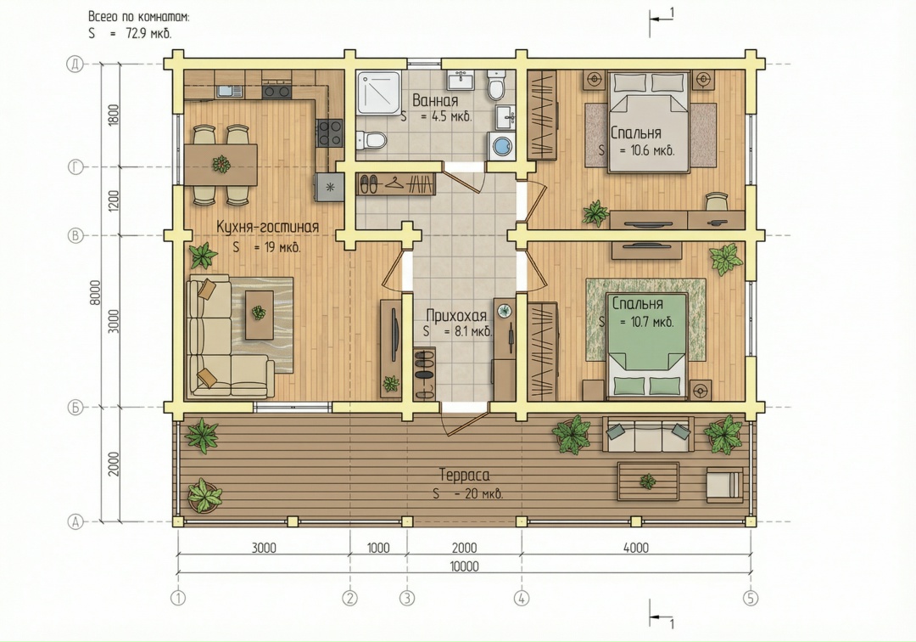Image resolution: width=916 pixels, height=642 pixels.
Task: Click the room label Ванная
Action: (x=435, y=100)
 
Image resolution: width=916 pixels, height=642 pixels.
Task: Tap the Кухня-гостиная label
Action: (x=267, y=227)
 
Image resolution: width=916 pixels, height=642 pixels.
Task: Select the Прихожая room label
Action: (x=456, y=316)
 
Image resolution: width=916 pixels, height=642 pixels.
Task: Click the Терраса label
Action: (x=465, y=475)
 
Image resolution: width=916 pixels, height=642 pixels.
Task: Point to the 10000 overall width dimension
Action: (x=465, y=566)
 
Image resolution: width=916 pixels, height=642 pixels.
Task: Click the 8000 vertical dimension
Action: (x=95, y=292)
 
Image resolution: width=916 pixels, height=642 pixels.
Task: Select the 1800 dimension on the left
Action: (x=114, y=115)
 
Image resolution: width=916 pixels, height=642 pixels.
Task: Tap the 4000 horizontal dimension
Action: (x=635, y=548)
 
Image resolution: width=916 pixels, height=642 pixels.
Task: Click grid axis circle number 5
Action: (x=750, y=598)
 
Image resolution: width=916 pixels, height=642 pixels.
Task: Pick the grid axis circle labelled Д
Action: (x=75, y=64)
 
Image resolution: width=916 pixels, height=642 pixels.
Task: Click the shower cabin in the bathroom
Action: (x=379, y=93)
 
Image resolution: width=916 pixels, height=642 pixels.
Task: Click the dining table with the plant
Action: (x=221, y=164)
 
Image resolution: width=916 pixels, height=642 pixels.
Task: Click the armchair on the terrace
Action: (x=725, y=485)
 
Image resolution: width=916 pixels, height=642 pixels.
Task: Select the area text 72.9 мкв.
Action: (x=148, y=33)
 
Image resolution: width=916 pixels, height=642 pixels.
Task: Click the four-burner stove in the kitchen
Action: (x=330, y=132)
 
